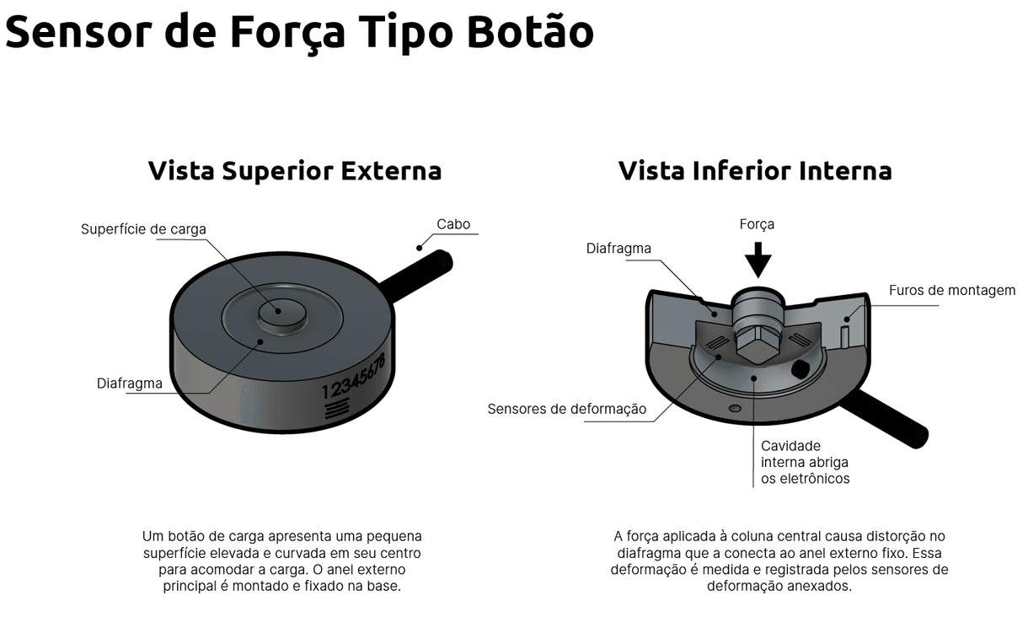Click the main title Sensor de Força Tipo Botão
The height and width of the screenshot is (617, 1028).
pyautogui.click(x=299, y=31)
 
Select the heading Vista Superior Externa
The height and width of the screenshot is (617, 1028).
pyautogui.click(x=294, y=170)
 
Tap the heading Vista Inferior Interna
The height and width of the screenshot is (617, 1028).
pyautogui.click(x=754, y=170)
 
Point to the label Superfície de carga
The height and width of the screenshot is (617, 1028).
pyautogui.click(x=143, y=229)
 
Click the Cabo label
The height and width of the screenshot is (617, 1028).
pyautogui.click(x=453, y=224)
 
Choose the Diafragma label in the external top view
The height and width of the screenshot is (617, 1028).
pyautogui.click(x=129, y=384)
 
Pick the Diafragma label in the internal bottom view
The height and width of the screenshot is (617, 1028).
pyautogui.click(x=618, y=248)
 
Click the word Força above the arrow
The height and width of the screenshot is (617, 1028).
pyautogui.click(x=757, y=224)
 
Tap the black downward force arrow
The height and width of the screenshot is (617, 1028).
pyautogui.click(x=758, y=259)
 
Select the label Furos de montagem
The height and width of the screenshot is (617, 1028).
pyautogui.click(x=952, y=290)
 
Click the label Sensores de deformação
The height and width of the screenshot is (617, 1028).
pyautogui.click(x=567, y=409)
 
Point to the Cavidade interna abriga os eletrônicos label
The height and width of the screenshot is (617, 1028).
pyautogui.click(x=805, y=462)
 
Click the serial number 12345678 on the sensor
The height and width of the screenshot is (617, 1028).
pyautogui.click(x=354, y=377)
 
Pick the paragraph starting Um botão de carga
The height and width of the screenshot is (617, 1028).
pyautogui.click(x=281, y=561)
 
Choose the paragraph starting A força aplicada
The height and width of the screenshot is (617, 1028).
pyautogui.click(x=779, y=561)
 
